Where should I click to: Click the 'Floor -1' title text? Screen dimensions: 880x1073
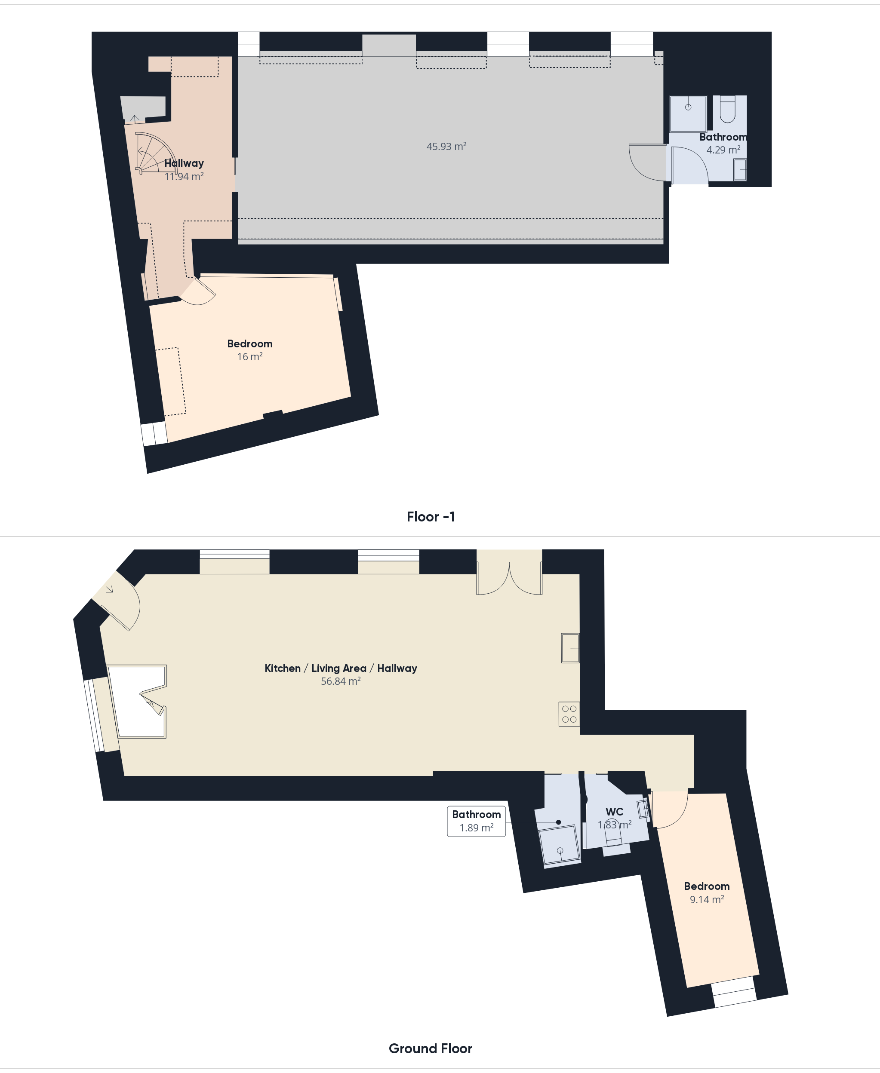pos(431,517)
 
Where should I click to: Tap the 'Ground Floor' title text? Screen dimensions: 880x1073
pos(431,1048)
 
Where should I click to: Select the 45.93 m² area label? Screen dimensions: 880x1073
pos(446,147)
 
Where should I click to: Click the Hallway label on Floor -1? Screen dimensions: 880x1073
pos(184,163)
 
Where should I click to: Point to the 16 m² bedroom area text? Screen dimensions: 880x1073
pos(250,357)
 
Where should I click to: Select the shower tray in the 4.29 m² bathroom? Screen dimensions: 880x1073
pos(688,114)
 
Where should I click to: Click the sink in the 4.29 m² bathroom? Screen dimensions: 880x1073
pos(740,169)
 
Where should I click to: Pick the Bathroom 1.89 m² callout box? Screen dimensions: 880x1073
pos(477,821)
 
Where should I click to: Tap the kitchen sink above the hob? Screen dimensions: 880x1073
pos(570,648)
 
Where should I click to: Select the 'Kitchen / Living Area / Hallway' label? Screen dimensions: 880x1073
pos(341,668)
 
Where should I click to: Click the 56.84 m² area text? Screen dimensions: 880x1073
pos(341,681)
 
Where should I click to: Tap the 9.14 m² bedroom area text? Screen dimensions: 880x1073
pos(707,900)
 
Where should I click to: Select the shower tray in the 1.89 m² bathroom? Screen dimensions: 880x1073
pos(560,845)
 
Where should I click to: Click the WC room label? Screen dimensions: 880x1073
pos(614,812)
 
